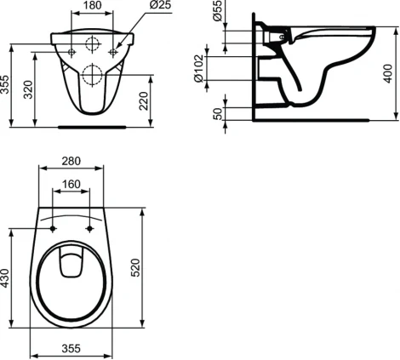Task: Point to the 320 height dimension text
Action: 29,89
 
